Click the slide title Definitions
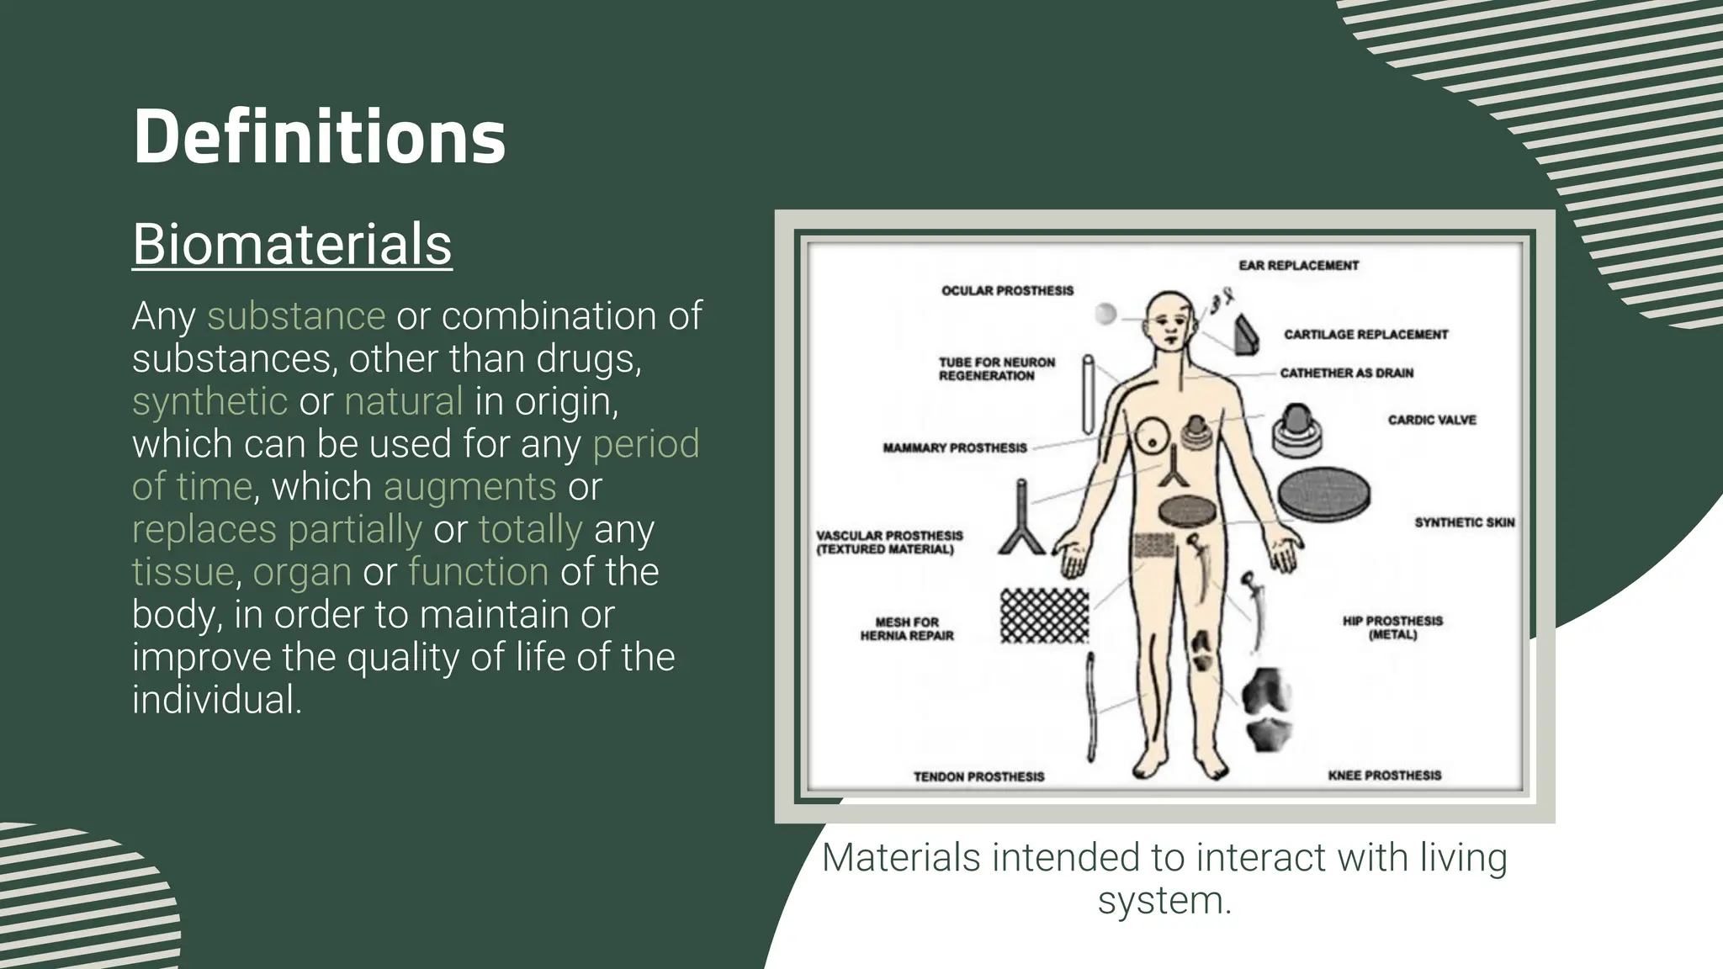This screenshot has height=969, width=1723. pos(319,137)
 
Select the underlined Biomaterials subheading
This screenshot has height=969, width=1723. pos(292,245)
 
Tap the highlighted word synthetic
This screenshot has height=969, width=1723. pos(209,401)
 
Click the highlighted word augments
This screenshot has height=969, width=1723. pos(469,487)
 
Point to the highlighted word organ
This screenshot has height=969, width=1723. pos(302,572)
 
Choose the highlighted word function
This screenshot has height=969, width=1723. pos(478,572)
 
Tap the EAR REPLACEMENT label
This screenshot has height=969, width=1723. pos(1298,265)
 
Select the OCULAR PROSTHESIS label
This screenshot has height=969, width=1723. pos(1007,290)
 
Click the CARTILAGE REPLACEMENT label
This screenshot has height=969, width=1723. pos(1365,334)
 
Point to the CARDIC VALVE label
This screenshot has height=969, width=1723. pos(1432,420)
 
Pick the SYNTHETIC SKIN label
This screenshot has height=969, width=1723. pos(1464,522)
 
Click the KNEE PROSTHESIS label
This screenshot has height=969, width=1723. pos(1384,775)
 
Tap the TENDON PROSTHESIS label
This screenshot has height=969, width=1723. pos(978,776)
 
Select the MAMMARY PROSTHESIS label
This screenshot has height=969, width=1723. pos(954,448)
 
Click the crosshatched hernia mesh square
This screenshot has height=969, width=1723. pos(1044,616)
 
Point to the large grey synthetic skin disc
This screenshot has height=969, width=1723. pos(1324,495)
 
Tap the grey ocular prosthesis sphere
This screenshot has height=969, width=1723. pos(1105,314)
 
